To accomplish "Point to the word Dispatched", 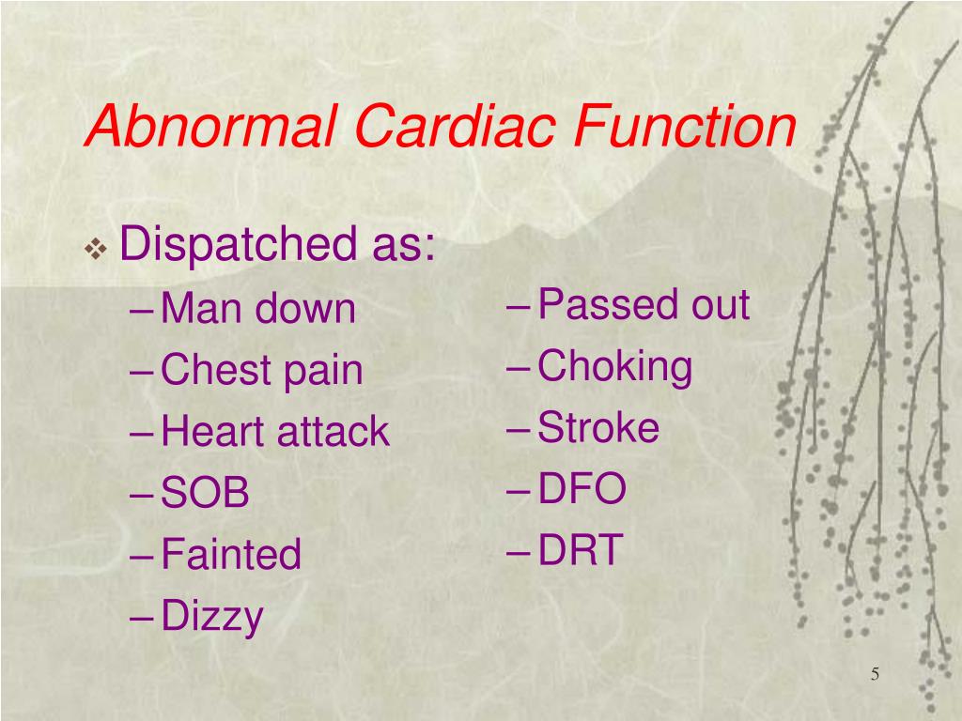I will click(x=235, y=246).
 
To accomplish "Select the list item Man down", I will click(x=258, y=309).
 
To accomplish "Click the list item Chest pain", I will click(x=261, y=370).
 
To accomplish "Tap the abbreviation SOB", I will click(x=205, y=494).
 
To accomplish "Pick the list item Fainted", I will click(x=231, y=554).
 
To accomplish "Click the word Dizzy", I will click(x=212, y=617).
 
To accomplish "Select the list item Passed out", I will click(x=644, y=305).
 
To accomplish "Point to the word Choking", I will click(x=615, y=366).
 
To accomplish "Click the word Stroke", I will click(x=598, y=428).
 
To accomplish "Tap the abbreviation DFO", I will click(x=582, y=489).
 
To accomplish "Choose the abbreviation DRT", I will click(x=580, y=550).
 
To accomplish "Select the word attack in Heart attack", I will click(x=333, y=432).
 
